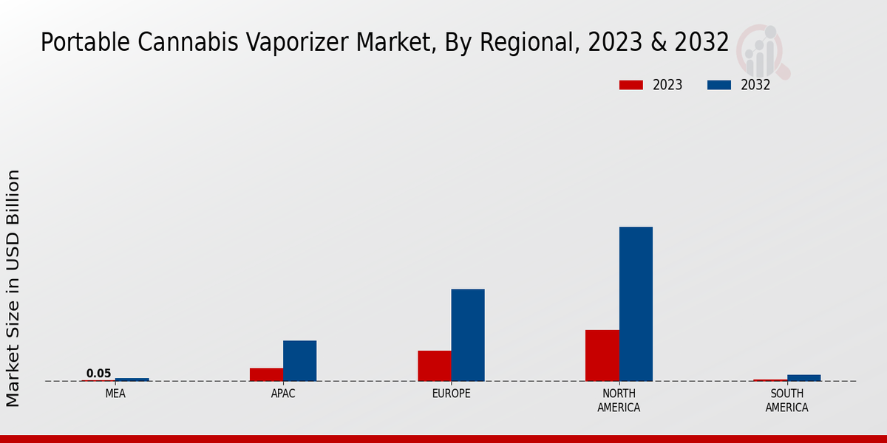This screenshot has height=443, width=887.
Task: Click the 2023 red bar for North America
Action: tap(602, 355)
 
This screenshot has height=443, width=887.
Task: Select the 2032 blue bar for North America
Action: tap(636, 303)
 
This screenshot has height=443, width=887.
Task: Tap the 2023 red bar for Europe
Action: tap(434, 365)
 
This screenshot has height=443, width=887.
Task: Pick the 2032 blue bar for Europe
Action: tap(468, 334)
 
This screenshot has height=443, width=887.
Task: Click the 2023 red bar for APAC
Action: tap(266, 374)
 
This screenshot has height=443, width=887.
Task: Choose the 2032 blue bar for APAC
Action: tap(299, 360)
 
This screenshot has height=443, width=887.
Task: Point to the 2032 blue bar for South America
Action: tap(803, 378)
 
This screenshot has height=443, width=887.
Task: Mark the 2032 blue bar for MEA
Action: tap(132, 380)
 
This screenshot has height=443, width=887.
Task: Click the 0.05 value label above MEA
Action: tap(98, 374)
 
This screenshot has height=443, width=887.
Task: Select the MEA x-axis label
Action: tap(115, 394)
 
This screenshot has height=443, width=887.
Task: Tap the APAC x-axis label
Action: tap(283, 394)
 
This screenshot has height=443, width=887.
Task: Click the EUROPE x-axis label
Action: tap(451, 394)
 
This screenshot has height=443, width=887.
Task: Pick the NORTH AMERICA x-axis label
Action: tap(619, 400)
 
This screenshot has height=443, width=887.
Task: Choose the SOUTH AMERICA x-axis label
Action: tap(786, 400)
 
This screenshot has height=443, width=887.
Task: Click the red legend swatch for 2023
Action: tap(631, 85)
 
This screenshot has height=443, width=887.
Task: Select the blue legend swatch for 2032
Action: tap(719, 85)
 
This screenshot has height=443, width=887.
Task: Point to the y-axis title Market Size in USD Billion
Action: tap(13, 288)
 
